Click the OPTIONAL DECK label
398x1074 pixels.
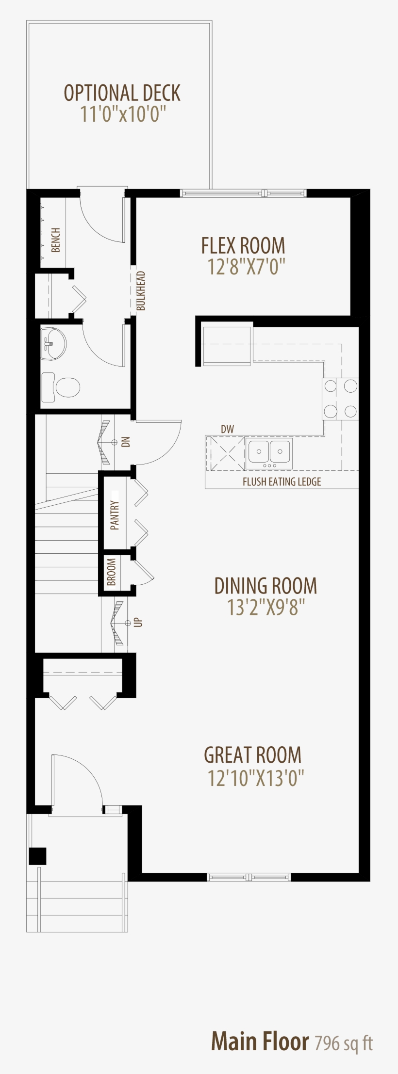[122, 93]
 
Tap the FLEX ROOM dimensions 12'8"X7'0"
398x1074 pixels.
[246, 267]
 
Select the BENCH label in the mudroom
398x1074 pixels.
[56, 240]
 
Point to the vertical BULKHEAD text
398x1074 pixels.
[141, 291]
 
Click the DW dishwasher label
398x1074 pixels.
[227, 429]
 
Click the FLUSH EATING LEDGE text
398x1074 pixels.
[282, 481]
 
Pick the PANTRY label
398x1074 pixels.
[115, 515]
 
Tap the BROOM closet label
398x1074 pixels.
[111, 572]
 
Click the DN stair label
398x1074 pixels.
[126, 442]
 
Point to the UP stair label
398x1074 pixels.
[138, 622]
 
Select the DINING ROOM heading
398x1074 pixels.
[265, 586]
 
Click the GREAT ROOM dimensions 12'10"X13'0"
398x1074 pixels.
[255, 778]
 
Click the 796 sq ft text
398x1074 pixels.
[344, 1042]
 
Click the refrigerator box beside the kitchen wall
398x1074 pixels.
[227, 345]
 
